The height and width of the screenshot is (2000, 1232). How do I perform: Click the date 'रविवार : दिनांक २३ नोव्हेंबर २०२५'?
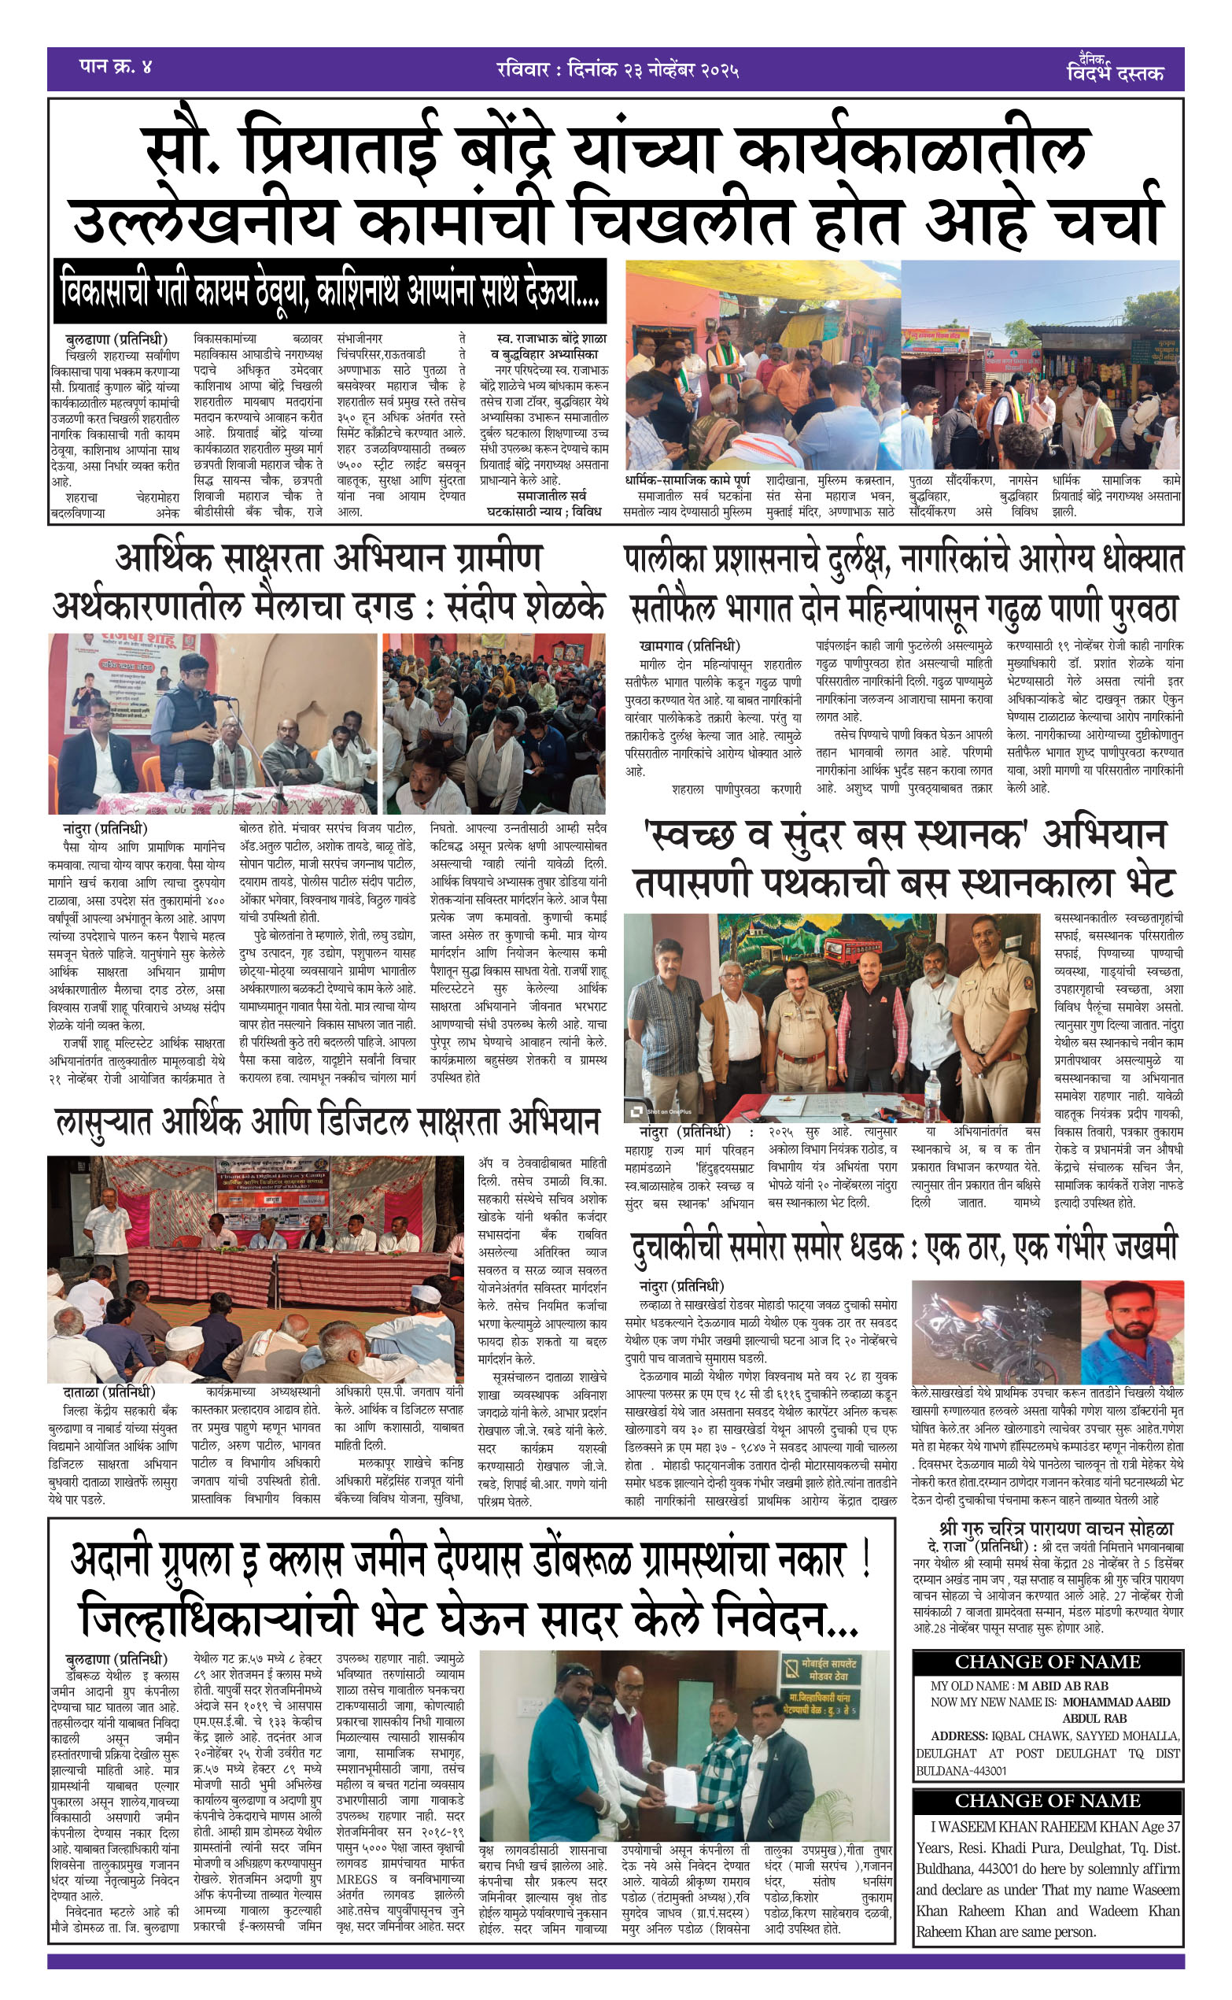(x=618, y=70)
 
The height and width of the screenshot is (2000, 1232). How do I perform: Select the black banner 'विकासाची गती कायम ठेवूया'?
(x=330, y=291)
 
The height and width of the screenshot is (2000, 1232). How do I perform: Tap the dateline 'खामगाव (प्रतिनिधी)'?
(x=689, y=646)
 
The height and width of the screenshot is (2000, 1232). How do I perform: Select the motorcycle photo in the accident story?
(x=995, y=1333)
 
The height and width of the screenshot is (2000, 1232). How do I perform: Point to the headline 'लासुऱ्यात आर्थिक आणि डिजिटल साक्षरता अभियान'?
(x=326, y=1123)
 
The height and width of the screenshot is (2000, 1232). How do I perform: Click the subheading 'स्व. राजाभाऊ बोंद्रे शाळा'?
(x=551, y=338)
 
